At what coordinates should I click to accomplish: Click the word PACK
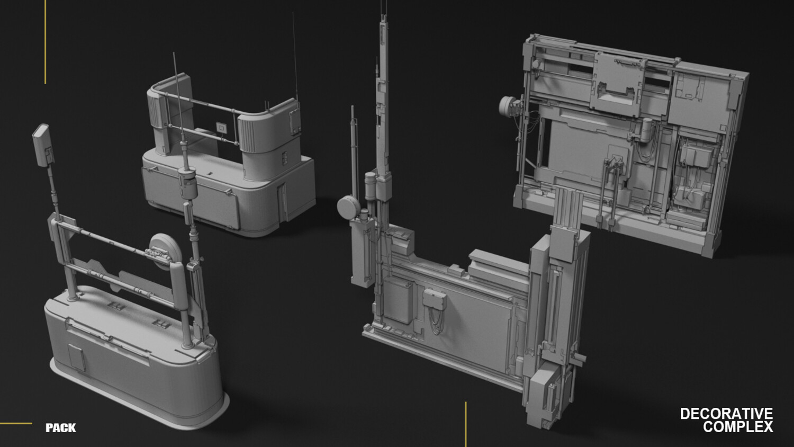(61, 428)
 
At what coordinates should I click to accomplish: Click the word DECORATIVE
(727, 414)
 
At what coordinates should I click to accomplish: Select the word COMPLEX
(738, 427)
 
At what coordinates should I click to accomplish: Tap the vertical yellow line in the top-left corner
(46, 42)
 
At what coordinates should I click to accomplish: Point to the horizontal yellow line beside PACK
(16, 423)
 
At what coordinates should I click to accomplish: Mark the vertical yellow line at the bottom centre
(466, 424)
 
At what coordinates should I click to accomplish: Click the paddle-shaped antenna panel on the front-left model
(43, 145)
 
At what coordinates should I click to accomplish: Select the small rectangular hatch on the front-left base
(77, 357)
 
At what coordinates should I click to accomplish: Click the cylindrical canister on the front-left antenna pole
(187, 183)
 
